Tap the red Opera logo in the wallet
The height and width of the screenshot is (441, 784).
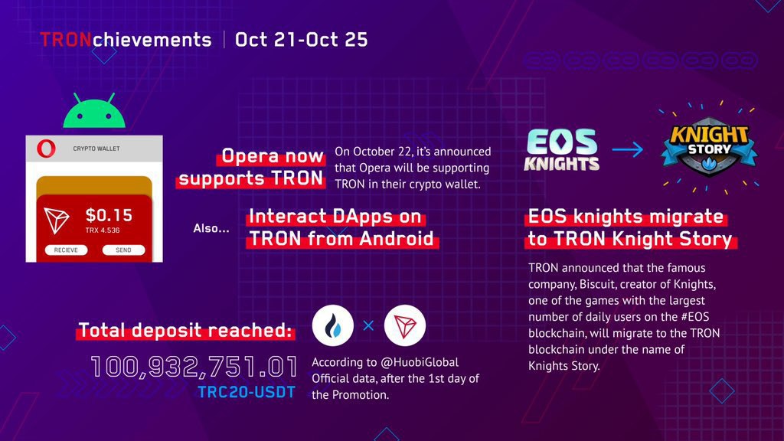46,149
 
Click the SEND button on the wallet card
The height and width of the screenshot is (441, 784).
123,250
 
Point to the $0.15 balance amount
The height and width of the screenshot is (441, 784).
109,215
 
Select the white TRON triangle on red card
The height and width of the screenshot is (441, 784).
56,220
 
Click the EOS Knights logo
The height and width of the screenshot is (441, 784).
561,150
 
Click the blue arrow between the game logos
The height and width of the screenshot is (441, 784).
628,149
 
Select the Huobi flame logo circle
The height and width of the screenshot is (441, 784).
332,325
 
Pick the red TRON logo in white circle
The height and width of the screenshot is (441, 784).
405,325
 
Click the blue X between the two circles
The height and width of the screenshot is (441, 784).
368,326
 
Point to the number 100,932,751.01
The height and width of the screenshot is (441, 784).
194,367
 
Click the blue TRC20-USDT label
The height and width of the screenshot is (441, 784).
247,392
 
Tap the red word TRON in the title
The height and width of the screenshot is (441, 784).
66,40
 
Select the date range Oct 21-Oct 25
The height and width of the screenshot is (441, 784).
301,40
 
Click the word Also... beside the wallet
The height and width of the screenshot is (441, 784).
211,228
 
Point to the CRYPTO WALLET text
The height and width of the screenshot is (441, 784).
96,149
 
